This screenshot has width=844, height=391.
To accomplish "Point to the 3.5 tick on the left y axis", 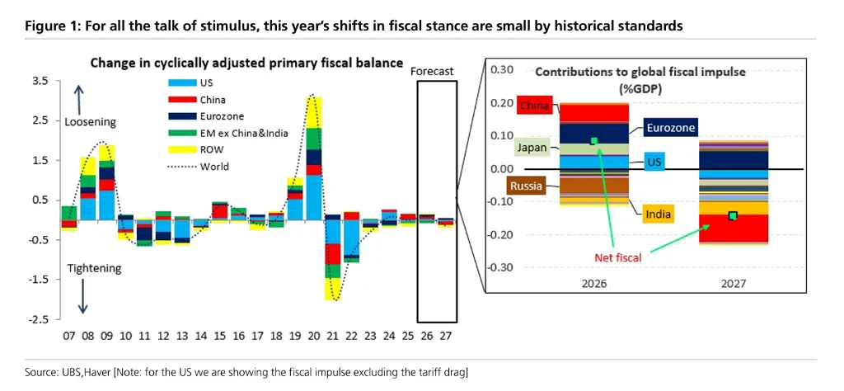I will [x=39, y=81].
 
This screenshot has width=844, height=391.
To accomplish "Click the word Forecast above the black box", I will [x=432, y=72].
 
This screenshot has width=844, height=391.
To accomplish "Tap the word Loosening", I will [x=90, y=122].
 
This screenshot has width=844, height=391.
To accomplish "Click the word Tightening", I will [x=92, y=268].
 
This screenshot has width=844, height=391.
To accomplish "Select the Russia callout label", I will [x=526, y=186].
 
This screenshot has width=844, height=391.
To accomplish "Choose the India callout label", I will [x=659, y=214].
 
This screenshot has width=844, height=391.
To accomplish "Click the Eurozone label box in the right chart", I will [x=669, y=128].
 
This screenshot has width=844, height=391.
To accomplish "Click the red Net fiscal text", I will [x=617, y=257].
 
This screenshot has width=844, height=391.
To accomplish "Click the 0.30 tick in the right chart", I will [x=501, y=70].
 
